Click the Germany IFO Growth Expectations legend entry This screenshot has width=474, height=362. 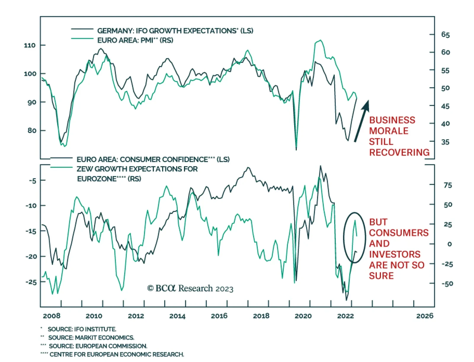(x=175, y=31)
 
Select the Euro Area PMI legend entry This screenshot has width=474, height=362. (x=135, y=40)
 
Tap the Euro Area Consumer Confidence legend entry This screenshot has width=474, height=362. (x=153, y=160)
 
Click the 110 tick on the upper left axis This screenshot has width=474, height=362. (x=30, y=45)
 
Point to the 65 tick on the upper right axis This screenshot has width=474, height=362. (x=445, y=35)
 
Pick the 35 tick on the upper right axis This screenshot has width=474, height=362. (x=445, y=142)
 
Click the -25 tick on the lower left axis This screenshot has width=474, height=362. (x=31, y=282)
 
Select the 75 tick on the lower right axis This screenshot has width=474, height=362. (x=448, y=185)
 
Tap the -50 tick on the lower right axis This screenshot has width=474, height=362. (x=447, y=284)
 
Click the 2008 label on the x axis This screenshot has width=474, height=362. (x=52, y=316)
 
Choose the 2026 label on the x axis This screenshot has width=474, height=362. (x=425, y=316)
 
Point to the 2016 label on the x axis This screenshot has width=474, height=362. (x=219, y=316)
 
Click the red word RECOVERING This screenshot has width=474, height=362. (x=399, y=152)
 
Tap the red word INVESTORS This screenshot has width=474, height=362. (x=395, y=254)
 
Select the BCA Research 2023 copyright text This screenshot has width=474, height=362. (x=190, y=288)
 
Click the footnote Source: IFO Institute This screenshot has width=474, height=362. (x=82, y=329)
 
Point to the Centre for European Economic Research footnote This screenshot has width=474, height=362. (x=117, y=354)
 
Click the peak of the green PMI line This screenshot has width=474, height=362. (x=320, y=40)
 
